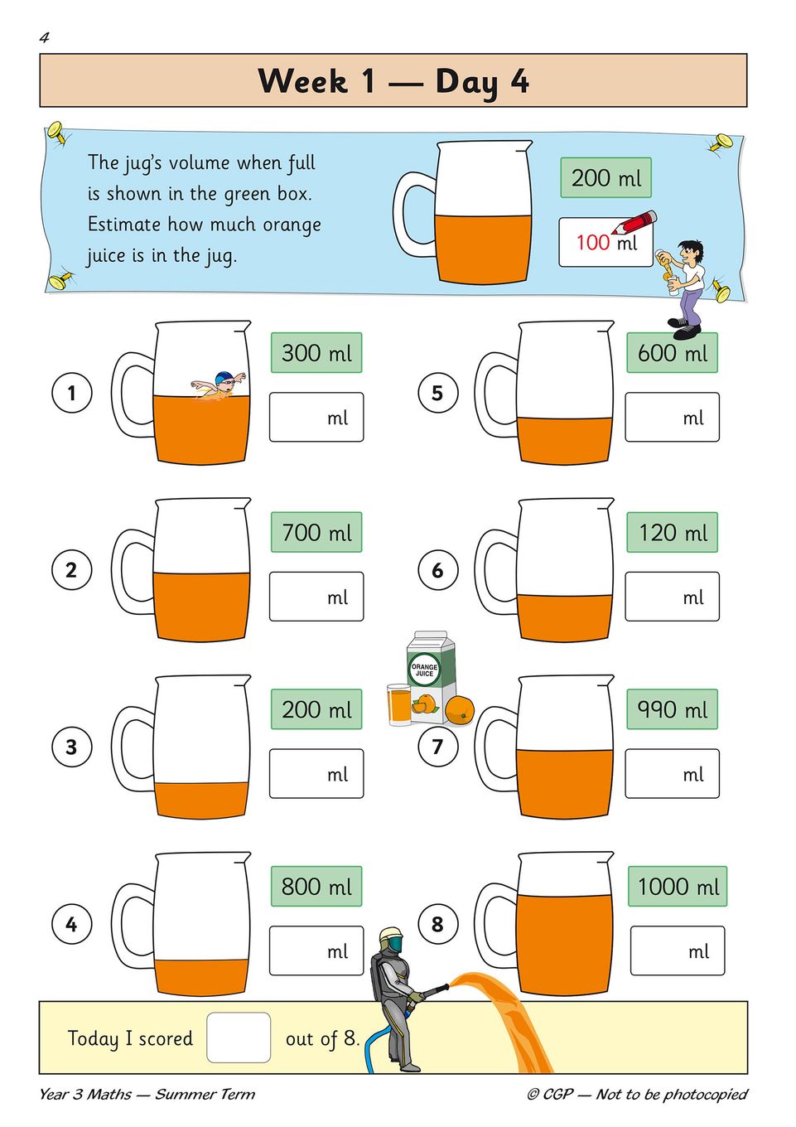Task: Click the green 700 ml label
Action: click(x=316, y=532)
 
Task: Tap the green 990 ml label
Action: click(x=672, y=709)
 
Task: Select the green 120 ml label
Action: click(x=672, y=532)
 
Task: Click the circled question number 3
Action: click(x=71, y=746)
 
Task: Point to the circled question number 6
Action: click(x=437, y=569)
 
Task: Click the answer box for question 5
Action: click(x=672, y=417)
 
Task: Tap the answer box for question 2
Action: click(x=316, y=596)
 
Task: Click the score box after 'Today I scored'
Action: click(x=239, y=1038)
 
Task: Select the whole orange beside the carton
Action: click(x=460, y=710)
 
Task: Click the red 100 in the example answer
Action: click(x=593, y=243)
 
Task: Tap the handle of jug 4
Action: click(x=133, y=924)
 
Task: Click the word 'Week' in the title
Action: click(x=302, y=80)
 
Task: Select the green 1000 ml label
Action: click(x=677, y=886)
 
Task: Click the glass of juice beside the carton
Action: click(x=399, y=704)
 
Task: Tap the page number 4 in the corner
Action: click(x=44, y=38)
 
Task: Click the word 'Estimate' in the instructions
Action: click(x=123, y=224)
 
